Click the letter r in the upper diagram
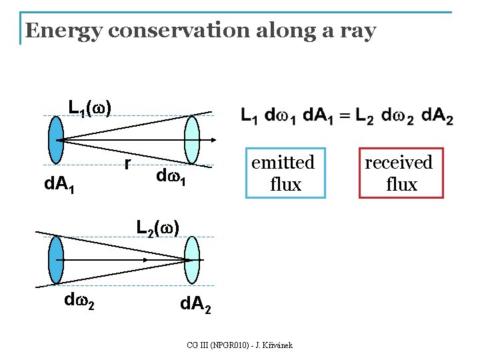tap(127, 163)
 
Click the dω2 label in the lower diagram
tap(79, 301)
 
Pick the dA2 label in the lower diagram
tap(196, 307)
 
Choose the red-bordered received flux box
tap(401, 173)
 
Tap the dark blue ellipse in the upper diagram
tap(57, 140)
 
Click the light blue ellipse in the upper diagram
tap(192, 140)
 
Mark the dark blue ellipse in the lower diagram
tap(56, 260)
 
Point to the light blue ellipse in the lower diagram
tap(192, 259)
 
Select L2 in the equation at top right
tap(364, 116)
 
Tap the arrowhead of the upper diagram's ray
tap(213, 140)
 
